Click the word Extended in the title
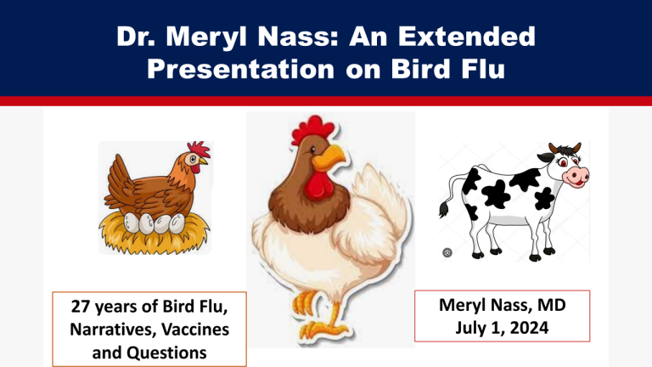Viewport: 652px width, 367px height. click(467, 37)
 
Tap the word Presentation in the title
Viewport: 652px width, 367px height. click(241, 69)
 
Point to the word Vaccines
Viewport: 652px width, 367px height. click(195, 329)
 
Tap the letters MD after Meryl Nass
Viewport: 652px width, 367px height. click(551, 305)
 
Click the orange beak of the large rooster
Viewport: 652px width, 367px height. click(329, 157)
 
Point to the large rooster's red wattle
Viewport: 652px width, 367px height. click(318, 186)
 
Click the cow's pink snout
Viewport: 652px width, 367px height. click(576, 176)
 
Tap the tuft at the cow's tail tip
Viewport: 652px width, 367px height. click(444, 209)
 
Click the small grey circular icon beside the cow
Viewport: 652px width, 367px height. click(447, 252)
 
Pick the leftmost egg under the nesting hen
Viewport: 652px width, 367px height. click(132, 223)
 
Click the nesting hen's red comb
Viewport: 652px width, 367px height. click(199, 149)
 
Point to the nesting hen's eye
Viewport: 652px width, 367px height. click(193, 159)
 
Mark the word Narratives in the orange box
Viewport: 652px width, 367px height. click(111, 329)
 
